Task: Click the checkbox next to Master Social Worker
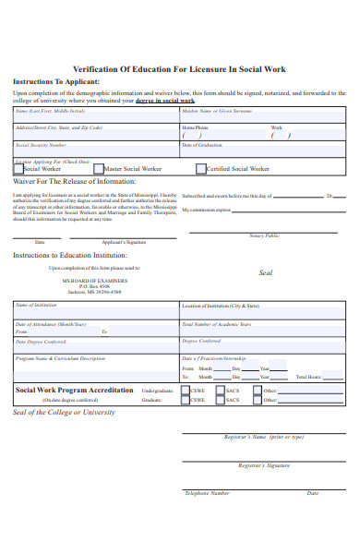click(98, 169)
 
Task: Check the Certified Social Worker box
click(200, 169)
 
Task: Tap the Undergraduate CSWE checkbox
click(185, 391)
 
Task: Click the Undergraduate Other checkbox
click(256, 391)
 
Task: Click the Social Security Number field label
click(41, 145)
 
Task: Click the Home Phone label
click(195, 127)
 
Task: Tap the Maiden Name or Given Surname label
click(217, 111)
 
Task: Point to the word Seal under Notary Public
click(266, 273)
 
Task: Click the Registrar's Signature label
click(264, 468)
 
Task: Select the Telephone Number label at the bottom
click(207, 493)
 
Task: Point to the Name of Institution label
click(36, 305)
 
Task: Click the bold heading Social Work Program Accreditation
click(75, 390)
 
